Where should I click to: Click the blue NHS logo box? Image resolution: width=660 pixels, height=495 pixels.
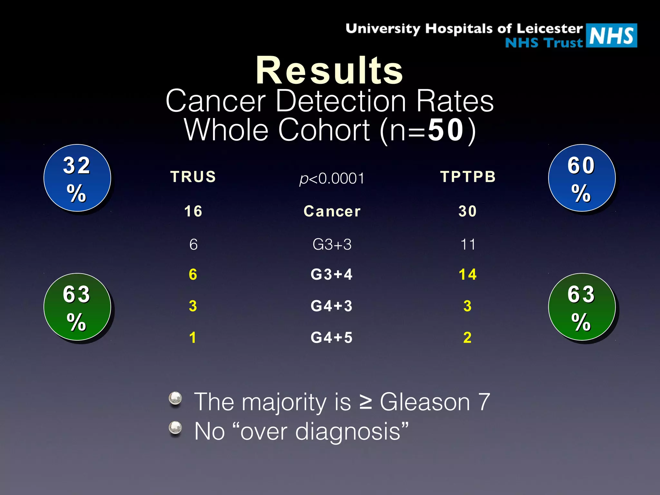point(611,35)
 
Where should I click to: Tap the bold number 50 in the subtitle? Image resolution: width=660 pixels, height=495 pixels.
point(446,130)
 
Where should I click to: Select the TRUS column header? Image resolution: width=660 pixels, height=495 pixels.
point(193,177)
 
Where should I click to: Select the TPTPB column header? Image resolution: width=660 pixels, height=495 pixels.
point(468,177)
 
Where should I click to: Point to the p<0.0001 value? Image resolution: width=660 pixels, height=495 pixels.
point(332,179)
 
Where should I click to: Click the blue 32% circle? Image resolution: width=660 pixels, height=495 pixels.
point(77,178)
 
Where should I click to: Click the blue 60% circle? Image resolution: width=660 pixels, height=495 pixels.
point(582,178)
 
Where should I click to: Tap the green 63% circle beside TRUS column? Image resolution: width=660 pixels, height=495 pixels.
point(77,307)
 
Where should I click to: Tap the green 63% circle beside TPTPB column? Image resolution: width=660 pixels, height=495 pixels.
point(582,307)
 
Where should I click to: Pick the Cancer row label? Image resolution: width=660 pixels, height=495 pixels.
point(332,211)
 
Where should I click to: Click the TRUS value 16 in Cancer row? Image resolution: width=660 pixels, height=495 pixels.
point(193,211)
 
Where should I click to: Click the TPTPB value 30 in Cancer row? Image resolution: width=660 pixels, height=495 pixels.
point(468,211)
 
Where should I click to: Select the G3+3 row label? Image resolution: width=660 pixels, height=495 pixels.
point(332,244)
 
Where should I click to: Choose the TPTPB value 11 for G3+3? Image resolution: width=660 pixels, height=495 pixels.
point(468,244)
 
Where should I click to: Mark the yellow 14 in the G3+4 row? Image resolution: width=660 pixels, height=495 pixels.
point(468,275)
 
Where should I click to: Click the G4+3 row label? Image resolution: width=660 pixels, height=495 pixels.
point(332,306)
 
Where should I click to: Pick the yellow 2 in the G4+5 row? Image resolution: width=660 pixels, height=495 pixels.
point(467,337)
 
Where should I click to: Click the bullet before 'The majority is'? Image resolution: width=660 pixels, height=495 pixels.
point(176,398)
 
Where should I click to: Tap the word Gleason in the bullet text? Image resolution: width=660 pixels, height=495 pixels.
point(425,402)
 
